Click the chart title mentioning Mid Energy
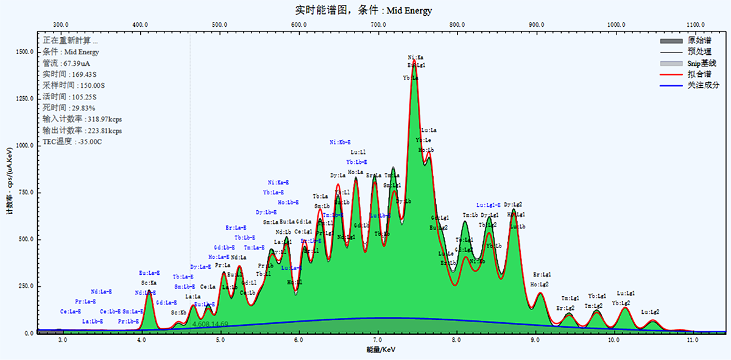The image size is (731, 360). point(364,10)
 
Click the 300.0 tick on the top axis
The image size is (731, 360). point(60,24)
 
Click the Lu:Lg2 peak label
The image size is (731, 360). point(651,312)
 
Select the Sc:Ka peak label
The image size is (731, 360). point(149,283)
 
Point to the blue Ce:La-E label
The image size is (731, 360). point(71,311)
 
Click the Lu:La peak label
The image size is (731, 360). point(429,130)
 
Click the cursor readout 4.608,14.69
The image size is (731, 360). point(210,324)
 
